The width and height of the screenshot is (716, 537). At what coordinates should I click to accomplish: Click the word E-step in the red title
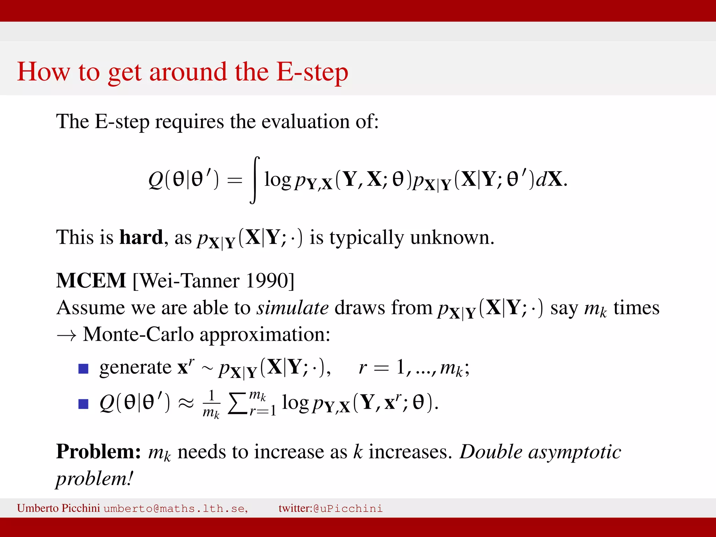point(312,72)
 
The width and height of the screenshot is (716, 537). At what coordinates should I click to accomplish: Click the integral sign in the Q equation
point(255,180)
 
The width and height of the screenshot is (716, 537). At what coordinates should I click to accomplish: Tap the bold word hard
point(141,237)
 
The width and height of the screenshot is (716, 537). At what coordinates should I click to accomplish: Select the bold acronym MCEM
point(91,280)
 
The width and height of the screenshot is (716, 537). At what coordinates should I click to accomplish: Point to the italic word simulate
point(293,308)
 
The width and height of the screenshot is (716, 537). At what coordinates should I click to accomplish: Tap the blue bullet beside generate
point(83,368)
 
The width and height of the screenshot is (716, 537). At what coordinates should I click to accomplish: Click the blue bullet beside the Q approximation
point(83,404)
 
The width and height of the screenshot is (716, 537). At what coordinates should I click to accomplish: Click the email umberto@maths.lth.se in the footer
point(176,508)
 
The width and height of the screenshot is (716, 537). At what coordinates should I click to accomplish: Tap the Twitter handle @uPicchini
point(348,508)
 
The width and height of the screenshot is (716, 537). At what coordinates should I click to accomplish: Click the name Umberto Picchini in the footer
point(58,508)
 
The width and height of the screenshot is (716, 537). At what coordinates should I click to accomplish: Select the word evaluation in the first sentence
point(306,122)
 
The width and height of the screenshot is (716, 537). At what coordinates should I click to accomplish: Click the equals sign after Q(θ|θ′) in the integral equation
point(235,180)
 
